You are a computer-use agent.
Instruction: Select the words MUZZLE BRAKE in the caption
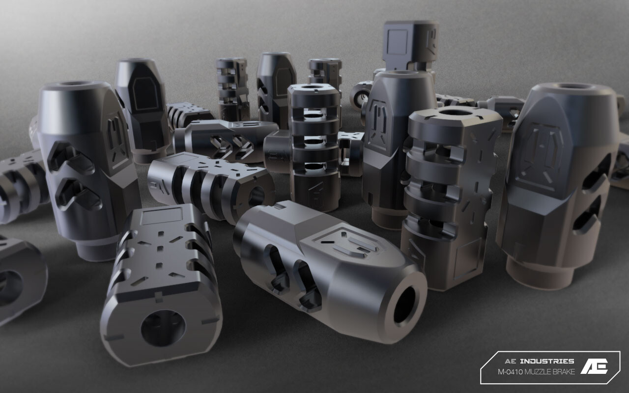tap(550, 372)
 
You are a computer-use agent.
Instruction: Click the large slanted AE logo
tap(595, 366)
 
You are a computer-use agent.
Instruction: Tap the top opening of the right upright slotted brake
tap(454, 112)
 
